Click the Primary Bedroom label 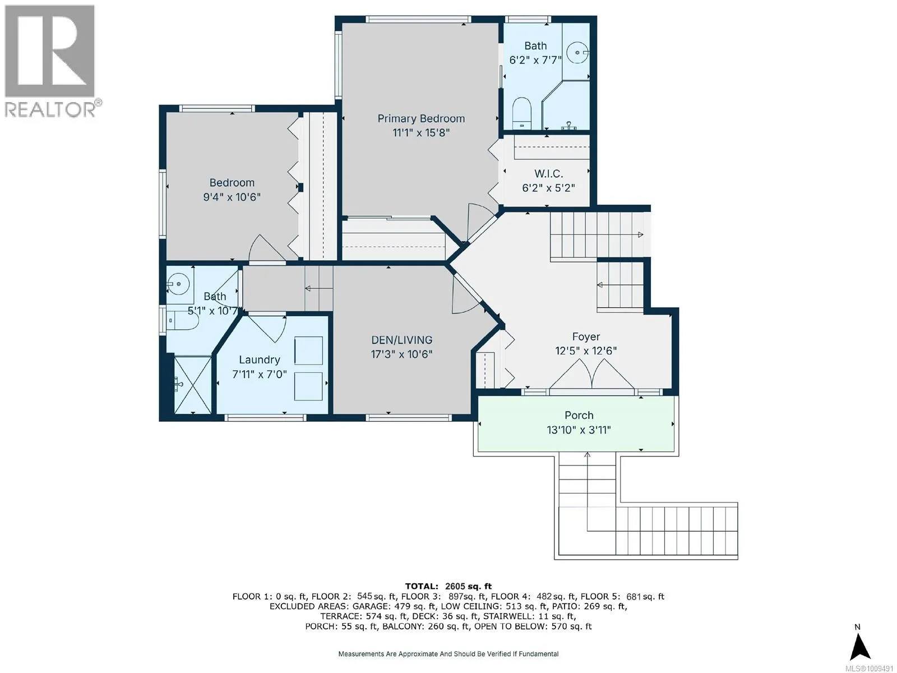click(421, 118)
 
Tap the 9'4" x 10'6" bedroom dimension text click(232, 197)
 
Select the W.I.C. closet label click(548, 174)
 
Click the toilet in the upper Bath click(521, 113)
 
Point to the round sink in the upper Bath click(578, 52)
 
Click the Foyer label click(586, 336)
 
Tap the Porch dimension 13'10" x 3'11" click(579, 430)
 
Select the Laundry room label click(260, 359)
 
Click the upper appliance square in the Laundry click(308, 350)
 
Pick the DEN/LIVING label click(402, 339)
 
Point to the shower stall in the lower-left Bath click(192, 385)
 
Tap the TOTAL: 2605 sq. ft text click(449, 587)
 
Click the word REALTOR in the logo click(50, 109)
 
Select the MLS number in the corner click(869, 669)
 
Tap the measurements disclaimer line click(449, 654)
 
